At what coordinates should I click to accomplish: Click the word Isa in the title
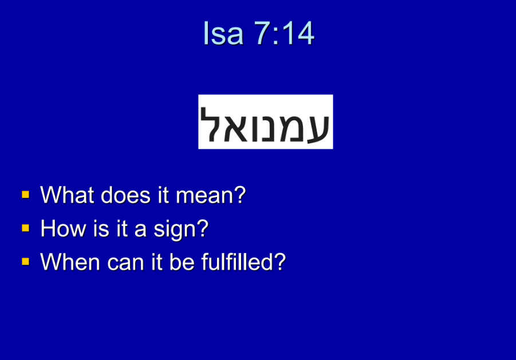[x=223, y=33]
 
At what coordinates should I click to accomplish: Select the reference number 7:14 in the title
[x=284, y=33]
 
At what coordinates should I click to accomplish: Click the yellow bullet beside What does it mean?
[x=26, y=195]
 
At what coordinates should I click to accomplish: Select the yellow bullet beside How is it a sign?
[x=26, y=228]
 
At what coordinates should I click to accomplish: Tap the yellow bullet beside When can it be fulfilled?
[x=26, y=262]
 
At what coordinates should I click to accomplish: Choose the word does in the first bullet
[x=126, y=195]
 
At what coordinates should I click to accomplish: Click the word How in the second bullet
[x=63, y=228]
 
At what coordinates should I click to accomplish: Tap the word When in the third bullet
[x=70, y=262]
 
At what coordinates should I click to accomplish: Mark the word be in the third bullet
[x=182, y=262]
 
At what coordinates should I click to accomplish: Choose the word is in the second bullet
[x=101, y=228]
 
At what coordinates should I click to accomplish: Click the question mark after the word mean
[x=240, y=195]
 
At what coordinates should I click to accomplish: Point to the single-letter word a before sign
[x=140, y=230]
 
